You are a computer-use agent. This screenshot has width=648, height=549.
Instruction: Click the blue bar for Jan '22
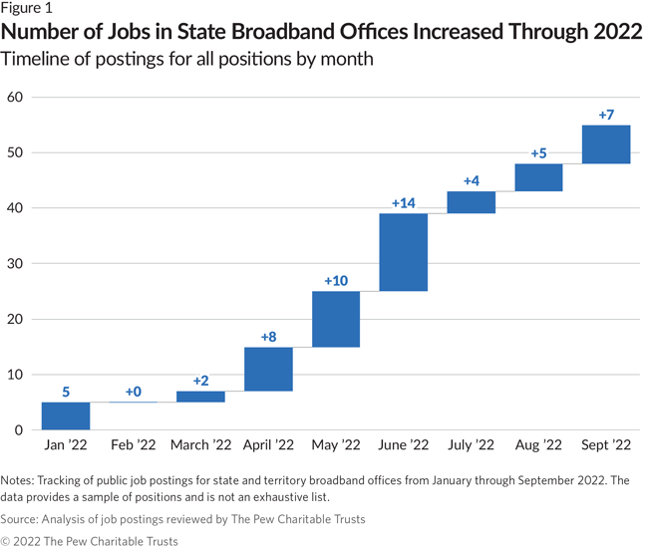(66, 415)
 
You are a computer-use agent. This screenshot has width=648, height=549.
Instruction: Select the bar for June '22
(403, 252)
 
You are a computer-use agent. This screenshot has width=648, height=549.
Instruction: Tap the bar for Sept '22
(605, 143)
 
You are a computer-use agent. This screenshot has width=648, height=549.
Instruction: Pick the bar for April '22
(268, 369)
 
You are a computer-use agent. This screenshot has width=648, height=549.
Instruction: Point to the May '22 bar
(336, 319)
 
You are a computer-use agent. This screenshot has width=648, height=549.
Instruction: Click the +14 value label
(403, 203)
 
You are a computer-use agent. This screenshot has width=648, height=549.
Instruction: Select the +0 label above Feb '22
(134, 392)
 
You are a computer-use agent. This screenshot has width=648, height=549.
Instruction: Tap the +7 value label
(605, 115)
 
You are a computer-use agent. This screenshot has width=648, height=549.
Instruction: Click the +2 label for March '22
(200, 381)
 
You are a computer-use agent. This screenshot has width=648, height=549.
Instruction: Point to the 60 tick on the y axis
(15, 98)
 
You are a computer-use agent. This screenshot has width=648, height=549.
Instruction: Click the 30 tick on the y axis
(15, 264)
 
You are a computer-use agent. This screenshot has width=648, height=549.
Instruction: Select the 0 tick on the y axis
(19, 430)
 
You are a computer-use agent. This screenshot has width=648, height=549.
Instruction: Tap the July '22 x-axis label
(471, 444)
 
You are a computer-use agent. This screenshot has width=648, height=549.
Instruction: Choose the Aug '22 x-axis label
(538, 444)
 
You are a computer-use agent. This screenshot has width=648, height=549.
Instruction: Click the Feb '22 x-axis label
(134, 444)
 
